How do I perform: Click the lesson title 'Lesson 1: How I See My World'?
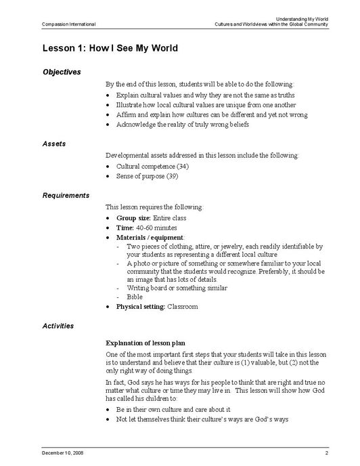(x=110, y=48)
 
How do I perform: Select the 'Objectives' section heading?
(x=62, y=71)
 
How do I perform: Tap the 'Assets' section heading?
(x=54, y=144)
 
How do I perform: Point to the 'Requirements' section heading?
(x=66, y=195)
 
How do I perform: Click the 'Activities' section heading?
(x=58, y=326)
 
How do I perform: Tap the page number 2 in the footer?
(x=326, y=451)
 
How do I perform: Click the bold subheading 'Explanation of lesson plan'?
(x=146, y=343)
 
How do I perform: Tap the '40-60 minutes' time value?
(x=157, y=228)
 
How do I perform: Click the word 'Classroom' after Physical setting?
(x=183, y=307)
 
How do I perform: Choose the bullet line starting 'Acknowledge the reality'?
(x=183, y=125)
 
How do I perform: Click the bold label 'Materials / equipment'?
(x=150, y=238)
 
